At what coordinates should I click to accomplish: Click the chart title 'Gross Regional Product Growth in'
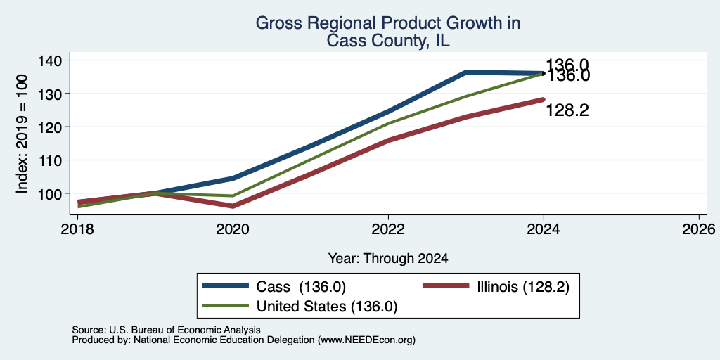tap(388, 23)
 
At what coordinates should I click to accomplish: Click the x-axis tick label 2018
tap(77, 229)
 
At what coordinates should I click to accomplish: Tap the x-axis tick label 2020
tap(233, 229)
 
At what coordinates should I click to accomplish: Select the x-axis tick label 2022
tap(388, 229)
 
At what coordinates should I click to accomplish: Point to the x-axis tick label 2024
tap(544, 229)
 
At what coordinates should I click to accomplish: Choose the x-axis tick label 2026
tap(699, 229)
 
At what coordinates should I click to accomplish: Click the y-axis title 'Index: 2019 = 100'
tap(22, 134)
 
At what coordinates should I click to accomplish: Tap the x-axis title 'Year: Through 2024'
tap(388, 259)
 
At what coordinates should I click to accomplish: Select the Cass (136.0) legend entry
tap(274, 287)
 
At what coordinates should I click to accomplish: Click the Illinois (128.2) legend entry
tap(496, 287)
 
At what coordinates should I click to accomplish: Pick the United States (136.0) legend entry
tap(300, 307)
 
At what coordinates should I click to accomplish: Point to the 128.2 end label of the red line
tap(567, 110)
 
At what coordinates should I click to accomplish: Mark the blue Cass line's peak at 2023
tap(466, 72)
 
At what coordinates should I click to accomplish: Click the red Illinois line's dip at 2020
tap(233, 206)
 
